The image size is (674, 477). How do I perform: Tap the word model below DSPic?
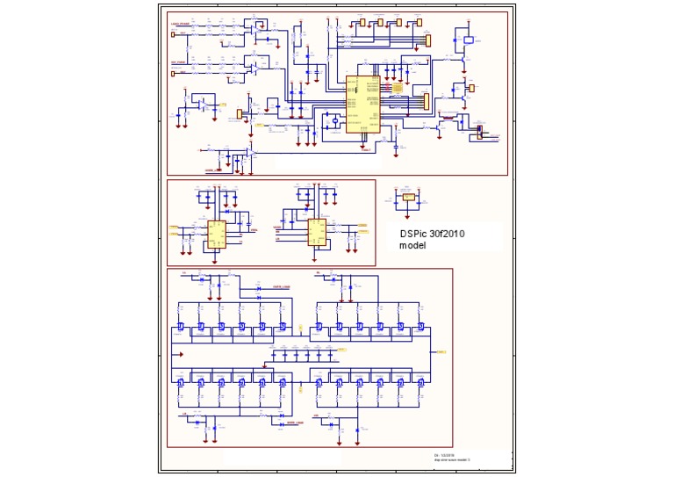click(412, 246)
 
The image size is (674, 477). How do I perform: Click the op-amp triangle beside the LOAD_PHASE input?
click(255, 35)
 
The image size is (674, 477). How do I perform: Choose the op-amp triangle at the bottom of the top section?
click(249, 153)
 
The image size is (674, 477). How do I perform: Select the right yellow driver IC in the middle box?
click(316, 231)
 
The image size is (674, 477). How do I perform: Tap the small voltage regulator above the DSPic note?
click(408, 198)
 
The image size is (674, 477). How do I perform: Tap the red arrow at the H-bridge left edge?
click(180, 354)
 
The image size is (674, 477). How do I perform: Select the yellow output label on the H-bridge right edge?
click(441, 351)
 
